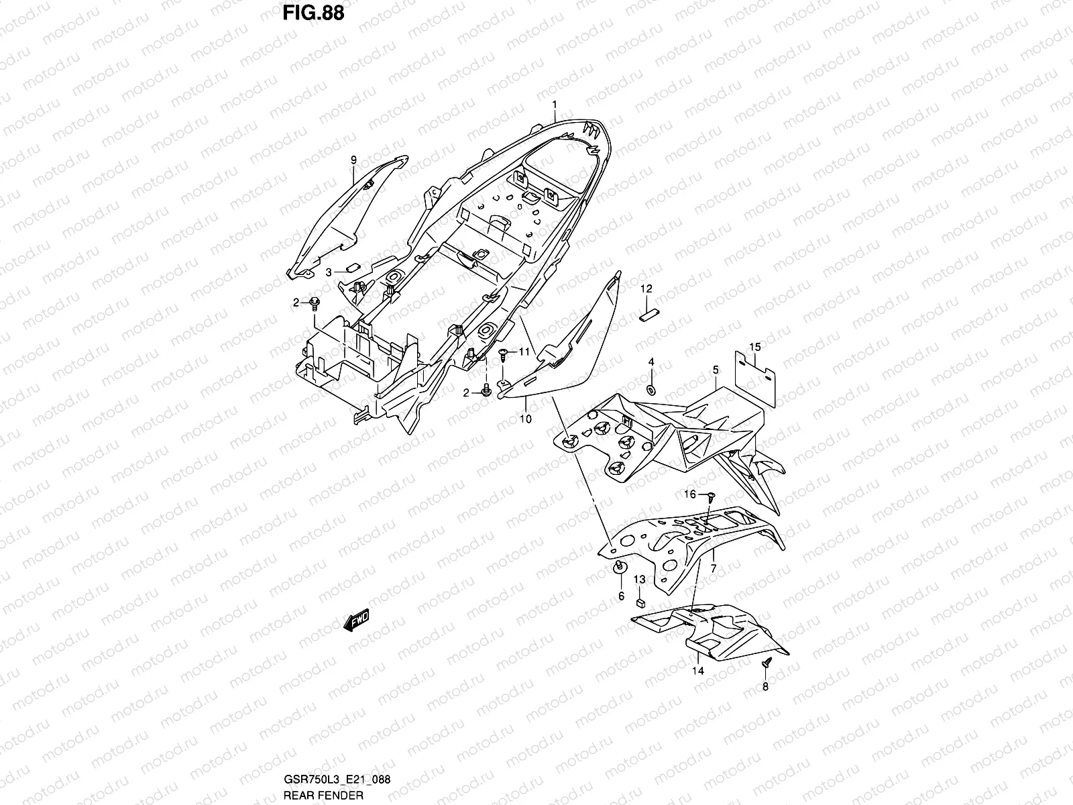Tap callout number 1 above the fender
pos(555,104)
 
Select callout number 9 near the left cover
pos(353,160)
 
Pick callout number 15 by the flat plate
pos(755,347)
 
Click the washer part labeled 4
pos(651,388)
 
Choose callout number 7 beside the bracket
pos(713,569)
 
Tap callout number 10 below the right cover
pos(525,419)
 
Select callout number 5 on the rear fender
pos(716,370)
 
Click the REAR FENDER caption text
pos(323,795)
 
